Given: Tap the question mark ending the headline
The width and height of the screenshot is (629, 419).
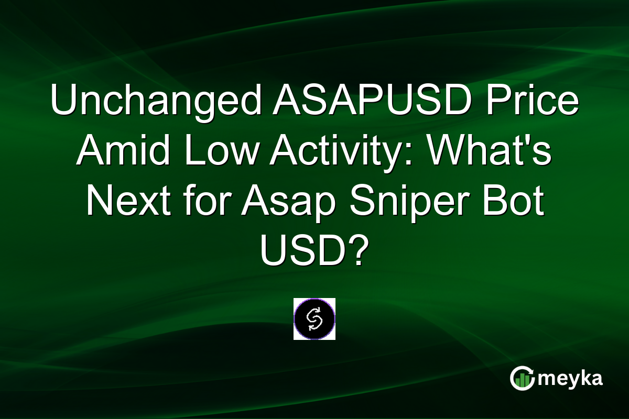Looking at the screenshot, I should (x=355, y=253).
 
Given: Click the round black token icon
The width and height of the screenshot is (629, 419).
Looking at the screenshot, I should (x=314, y=319).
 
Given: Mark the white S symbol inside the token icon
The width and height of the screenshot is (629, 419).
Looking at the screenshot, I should (x=314, y=319).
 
